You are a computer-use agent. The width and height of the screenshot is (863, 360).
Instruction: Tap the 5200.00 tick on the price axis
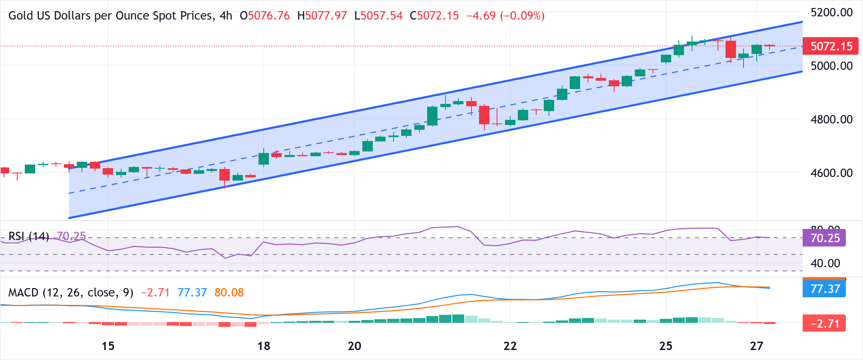coord(831,12)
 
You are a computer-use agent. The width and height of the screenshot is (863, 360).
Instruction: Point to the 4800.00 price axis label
coord(831,119)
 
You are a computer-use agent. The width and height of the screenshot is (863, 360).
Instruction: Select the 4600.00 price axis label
coord(831,173)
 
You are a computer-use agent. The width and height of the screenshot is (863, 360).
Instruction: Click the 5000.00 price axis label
coord(831,66)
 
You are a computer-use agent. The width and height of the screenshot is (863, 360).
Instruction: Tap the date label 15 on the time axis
coord(108,346)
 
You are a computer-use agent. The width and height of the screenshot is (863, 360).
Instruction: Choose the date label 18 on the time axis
coord(264,346)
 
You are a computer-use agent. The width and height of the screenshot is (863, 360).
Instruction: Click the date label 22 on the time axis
coord(510,346)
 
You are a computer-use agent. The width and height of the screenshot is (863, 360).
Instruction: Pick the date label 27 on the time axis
coord(757,346)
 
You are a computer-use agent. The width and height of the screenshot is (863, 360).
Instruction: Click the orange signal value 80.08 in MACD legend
coord(229,293)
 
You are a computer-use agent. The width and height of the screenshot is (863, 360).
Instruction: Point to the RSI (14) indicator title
coord(29,237)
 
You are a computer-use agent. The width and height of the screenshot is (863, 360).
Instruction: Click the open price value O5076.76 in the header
coord(264,16)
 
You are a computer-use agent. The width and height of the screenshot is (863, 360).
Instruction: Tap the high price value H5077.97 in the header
coord(322,16)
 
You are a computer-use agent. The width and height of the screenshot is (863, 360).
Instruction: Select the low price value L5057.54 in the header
coord(378,16)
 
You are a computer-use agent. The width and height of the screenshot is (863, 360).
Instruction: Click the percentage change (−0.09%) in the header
coord(522,16)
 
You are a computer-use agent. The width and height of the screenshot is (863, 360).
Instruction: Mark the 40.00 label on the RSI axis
coord(825,263)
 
